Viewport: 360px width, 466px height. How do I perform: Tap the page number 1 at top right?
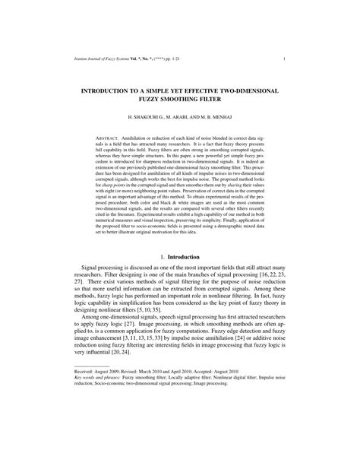tap(283, 58)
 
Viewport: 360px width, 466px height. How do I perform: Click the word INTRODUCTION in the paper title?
tap(126, 90)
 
